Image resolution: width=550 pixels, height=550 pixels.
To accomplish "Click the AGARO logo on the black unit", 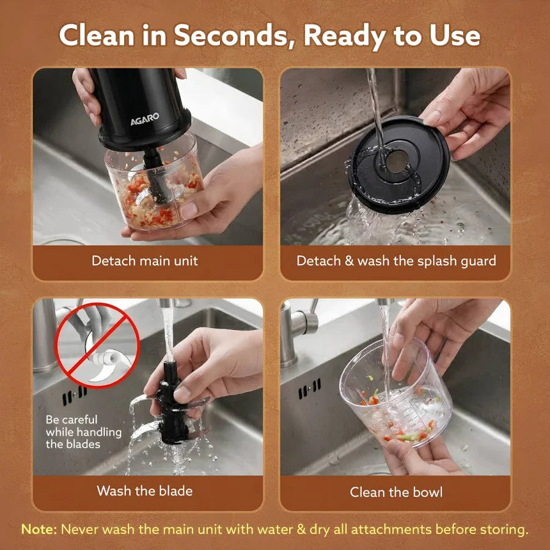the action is point(145,119).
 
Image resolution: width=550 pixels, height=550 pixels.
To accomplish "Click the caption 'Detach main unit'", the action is point(145,261).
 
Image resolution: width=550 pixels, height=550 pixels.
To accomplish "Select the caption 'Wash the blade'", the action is point(145,491).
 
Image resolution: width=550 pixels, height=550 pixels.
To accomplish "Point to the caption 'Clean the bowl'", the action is point(396,492).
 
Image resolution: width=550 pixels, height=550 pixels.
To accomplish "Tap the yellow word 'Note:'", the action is point(38,529).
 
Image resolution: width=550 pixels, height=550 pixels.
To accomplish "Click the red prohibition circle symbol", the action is point(97,345).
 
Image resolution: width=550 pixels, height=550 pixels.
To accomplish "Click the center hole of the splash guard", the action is point(397,161).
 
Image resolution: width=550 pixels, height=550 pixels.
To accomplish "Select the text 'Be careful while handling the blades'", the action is point(84,432).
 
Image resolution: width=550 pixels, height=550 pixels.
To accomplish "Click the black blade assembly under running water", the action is point(172,407).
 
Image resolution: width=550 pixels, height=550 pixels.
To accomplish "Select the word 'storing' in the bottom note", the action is point(505,529).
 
